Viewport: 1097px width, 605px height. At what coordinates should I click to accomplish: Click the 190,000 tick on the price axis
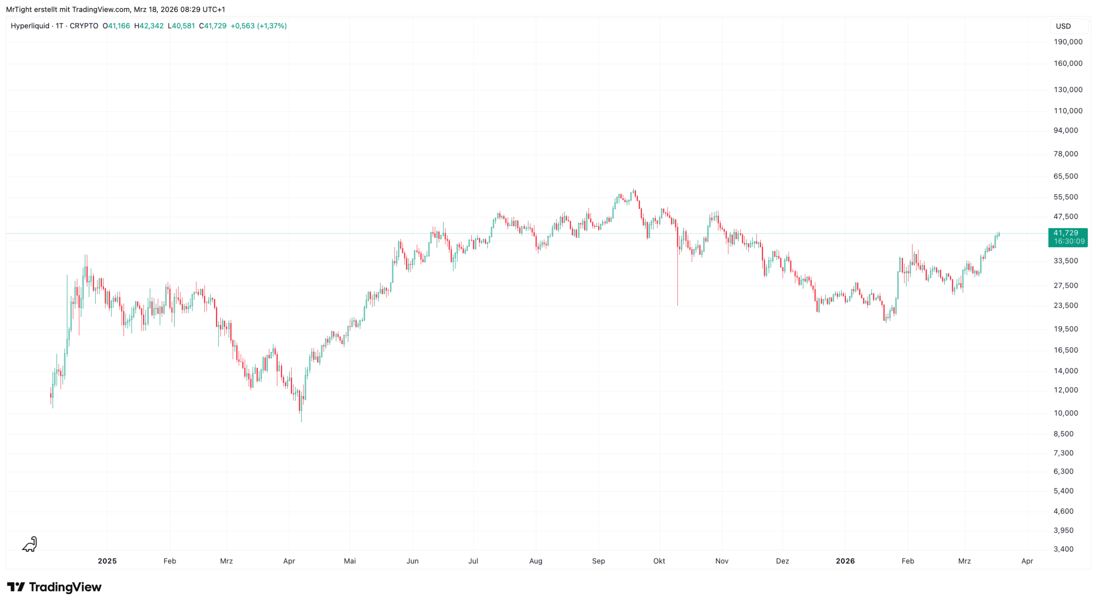tap(1068, 42)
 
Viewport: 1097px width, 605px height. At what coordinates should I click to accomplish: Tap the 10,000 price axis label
tap(1065, 413)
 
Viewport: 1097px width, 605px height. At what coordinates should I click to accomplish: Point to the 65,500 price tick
tap(1065, 176)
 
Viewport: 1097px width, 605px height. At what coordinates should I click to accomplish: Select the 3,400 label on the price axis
tap(1063, 549)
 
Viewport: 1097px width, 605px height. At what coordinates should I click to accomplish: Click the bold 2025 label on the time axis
tap(107, 561)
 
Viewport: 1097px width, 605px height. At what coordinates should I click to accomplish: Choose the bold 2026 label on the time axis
tap(845, 561)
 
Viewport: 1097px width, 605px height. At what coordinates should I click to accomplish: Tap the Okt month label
tap(659, 561)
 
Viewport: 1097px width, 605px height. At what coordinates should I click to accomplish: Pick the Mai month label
tap(350, 561)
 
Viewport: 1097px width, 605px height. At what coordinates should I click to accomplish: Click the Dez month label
tap(782, 561)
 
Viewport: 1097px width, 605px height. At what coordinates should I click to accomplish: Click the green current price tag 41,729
tap(1067, 237)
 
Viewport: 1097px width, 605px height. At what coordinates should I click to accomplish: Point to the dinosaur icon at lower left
tap(30, 544)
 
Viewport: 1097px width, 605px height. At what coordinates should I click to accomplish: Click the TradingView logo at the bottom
tap(54, 587)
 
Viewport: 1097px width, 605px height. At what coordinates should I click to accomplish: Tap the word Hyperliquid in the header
tap(30, 26)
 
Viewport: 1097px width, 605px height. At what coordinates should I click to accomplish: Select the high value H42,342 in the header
tap(149, 26)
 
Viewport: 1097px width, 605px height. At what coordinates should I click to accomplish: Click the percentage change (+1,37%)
tap(272, 26)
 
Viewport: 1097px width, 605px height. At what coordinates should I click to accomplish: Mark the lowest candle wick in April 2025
tap(301, 419)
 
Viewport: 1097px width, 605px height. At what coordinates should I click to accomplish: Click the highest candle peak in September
tap(635, 191)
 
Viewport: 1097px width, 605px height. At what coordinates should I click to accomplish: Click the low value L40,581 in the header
tap(181, 26)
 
